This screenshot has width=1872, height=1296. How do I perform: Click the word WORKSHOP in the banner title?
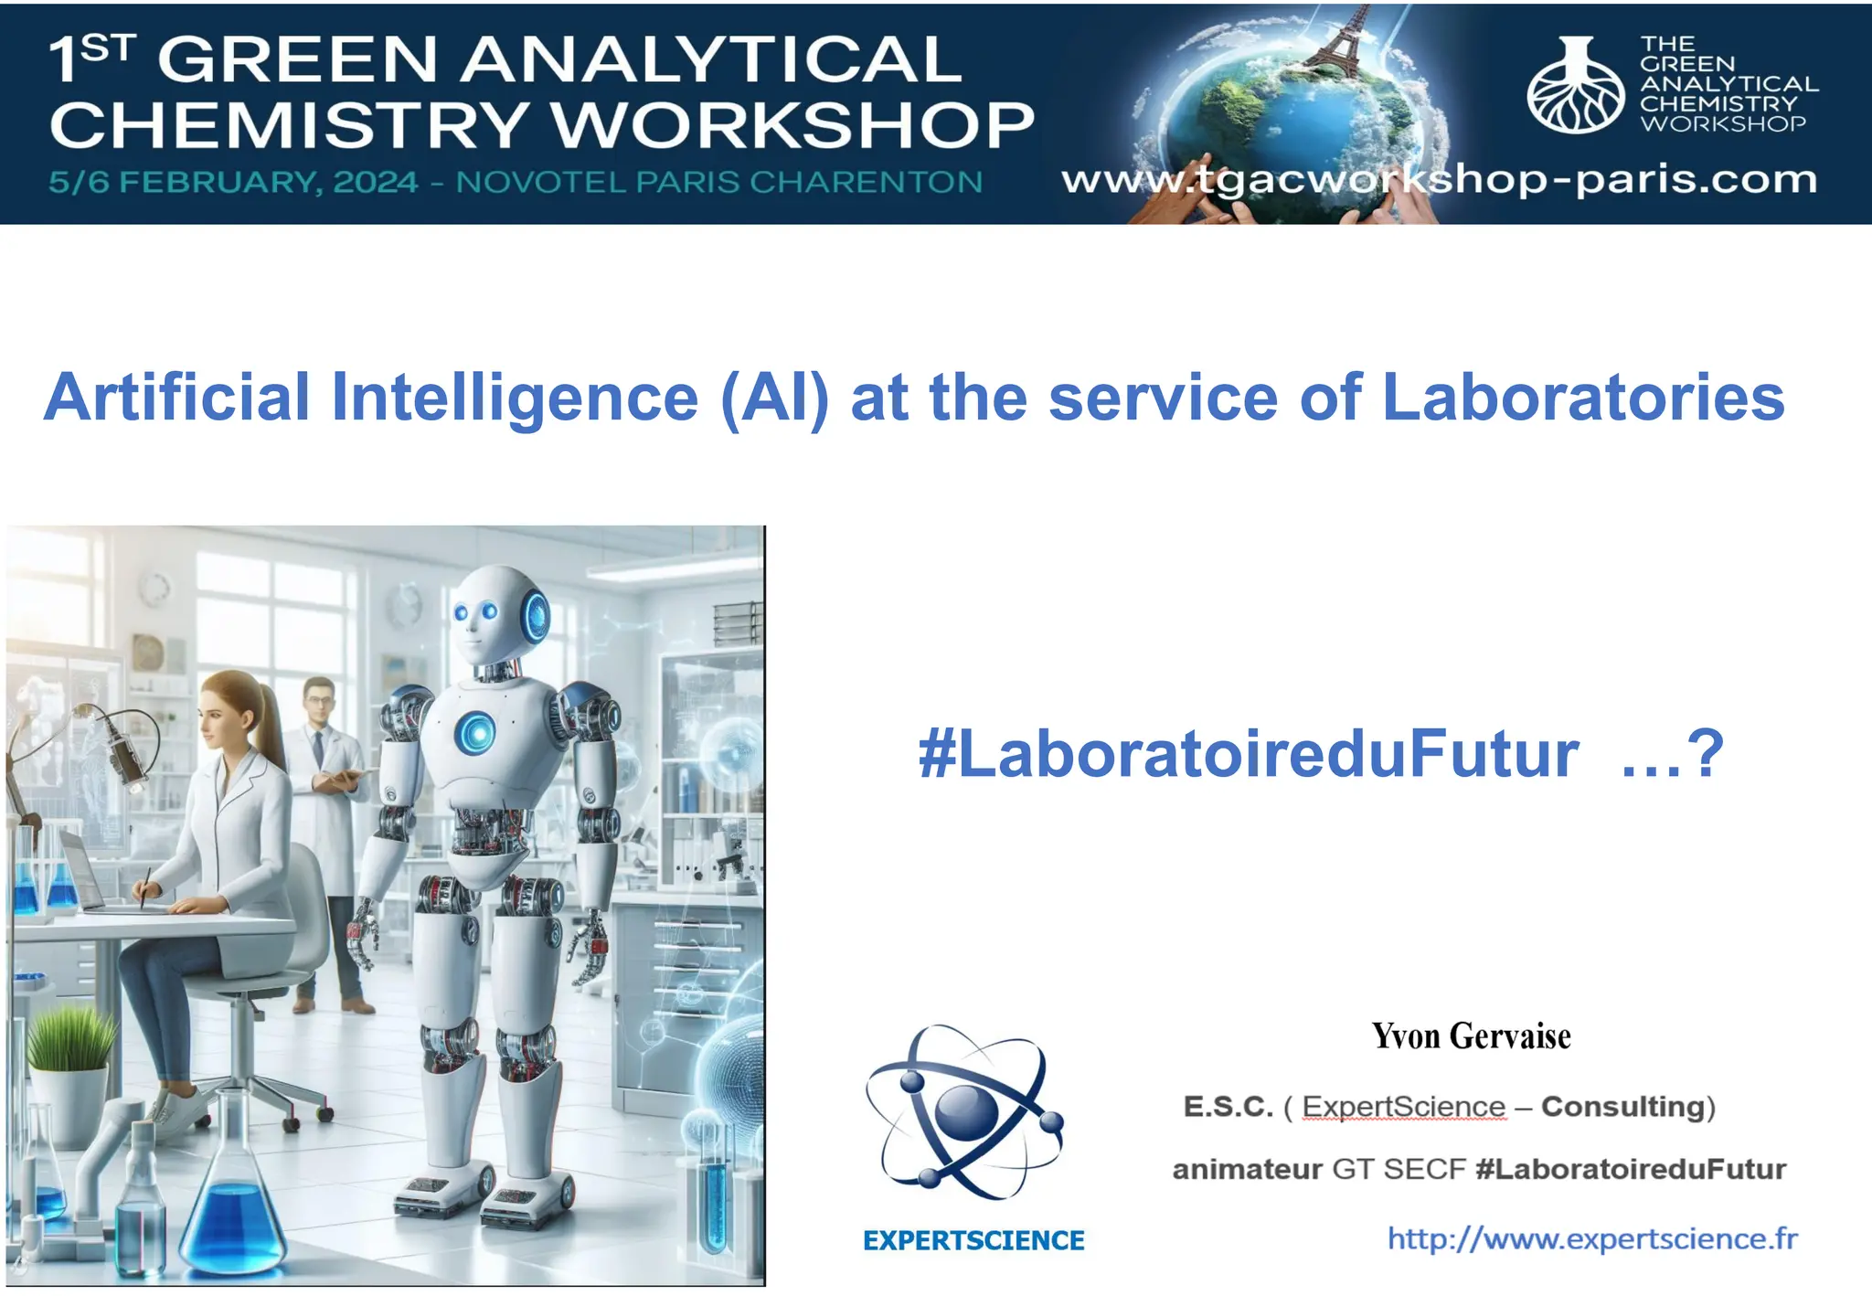tap(793, 125)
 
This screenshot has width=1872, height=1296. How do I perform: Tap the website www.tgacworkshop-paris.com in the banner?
tap(1439, 180)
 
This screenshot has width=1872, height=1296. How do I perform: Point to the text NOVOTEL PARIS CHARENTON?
tap(719, 182)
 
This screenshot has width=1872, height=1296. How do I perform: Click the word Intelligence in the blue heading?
tap(515, 398)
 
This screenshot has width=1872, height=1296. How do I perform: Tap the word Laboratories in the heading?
tap(1582, 398)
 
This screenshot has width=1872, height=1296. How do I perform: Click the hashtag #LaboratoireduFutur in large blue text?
tap(1248, 754)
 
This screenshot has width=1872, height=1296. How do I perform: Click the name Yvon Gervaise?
tap(1471, 1036)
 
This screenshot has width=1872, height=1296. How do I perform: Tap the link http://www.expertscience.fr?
tap(1592, 1238)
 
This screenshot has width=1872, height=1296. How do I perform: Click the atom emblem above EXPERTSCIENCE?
tap(965, 1112)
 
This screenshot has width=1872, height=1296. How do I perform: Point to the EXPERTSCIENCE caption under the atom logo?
tap(973, 1240)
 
